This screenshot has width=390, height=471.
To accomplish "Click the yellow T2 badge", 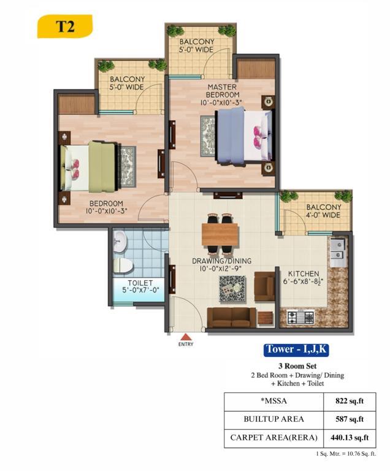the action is pos(64,26).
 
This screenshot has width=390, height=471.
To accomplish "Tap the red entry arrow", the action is pos(186,337).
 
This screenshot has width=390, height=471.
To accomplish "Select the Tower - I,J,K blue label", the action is pos(296,350).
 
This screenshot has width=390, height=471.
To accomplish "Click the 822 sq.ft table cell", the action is pos(350,401).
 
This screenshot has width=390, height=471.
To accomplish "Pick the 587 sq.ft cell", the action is pos(350,419).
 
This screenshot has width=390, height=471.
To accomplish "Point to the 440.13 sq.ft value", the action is pos(350,438).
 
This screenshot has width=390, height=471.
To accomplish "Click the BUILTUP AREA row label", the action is pos(273,419).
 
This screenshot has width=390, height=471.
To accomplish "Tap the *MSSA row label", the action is pos(273,401).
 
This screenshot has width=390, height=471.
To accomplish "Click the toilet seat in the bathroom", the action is pos(123,265).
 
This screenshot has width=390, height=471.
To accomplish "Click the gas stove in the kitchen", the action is pos(300,317).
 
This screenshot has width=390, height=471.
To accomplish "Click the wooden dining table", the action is pos(220,234).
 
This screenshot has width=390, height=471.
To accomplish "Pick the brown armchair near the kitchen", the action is pos(264,286).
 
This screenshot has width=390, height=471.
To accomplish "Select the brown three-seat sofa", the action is pos(232,318).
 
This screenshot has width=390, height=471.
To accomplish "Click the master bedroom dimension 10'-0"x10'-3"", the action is pos(221,102).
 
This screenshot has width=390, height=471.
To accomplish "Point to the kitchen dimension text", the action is pos(301,281).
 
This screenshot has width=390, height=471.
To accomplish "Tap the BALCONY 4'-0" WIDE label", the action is pos(323,211).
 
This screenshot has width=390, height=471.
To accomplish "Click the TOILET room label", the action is pos(140,283).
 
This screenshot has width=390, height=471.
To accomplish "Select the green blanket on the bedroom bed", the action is pos(102,167).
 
